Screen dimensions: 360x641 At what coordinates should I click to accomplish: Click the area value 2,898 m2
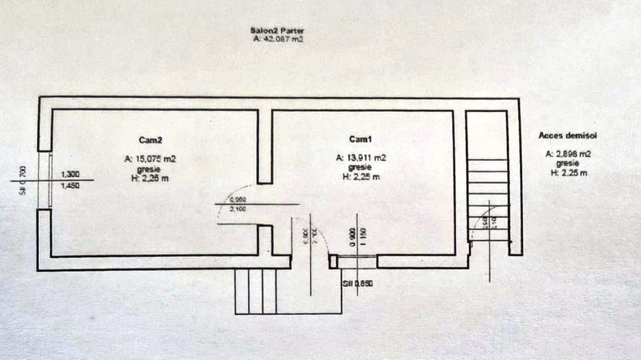coord(568,154)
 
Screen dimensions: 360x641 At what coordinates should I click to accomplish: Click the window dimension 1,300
coord(70,174)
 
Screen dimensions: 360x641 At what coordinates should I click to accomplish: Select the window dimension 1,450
coord(70,185)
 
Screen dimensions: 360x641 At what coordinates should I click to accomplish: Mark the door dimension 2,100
coord(238,209)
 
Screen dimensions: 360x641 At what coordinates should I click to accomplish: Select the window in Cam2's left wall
coord(49,180)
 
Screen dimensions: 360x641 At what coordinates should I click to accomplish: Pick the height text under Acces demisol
coord(568,173)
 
